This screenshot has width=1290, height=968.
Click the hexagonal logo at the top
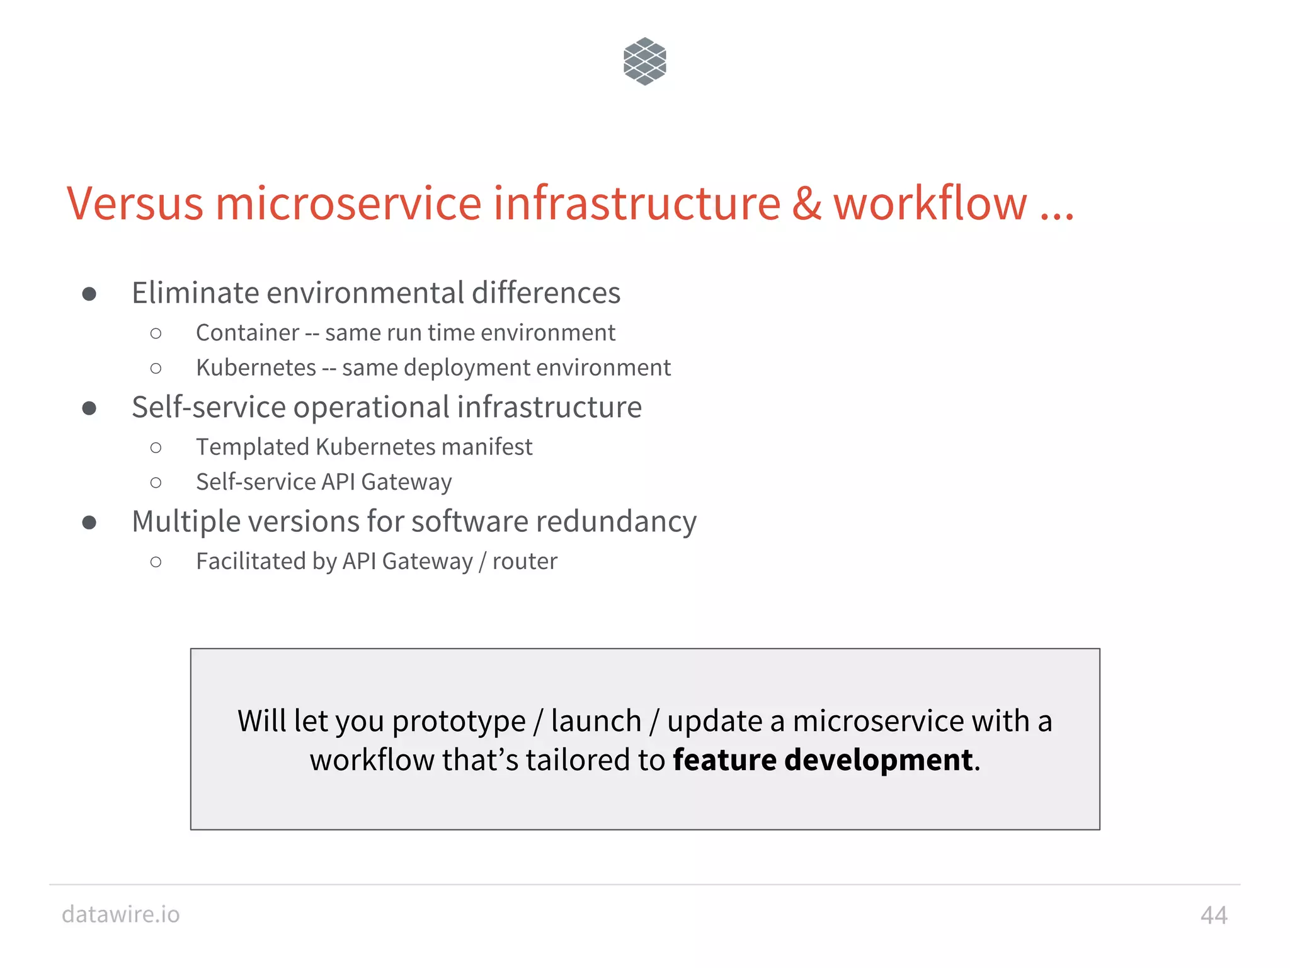(x=644, y=61)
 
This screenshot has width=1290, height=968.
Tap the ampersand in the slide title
(x=807, y=204)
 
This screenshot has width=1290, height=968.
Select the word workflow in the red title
(x=930, y=204)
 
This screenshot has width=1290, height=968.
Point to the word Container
(x=248, y=333)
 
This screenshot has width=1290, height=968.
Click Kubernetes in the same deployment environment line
(x=256, y=368)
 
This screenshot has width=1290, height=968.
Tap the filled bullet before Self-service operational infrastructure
(x=89, y=408)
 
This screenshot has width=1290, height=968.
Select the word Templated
(x=252, y=447)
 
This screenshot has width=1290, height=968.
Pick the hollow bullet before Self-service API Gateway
(x=156, y=483)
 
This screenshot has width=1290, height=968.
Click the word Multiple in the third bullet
(x=187, y=522)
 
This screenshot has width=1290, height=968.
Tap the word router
(x=525, y=562)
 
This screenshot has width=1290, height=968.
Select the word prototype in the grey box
(x=459, y=722)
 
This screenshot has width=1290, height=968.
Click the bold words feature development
(x=823, y=760)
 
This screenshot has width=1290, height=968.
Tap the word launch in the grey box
(x=596, y=722)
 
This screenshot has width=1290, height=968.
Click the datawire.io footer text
(x=121, y=914)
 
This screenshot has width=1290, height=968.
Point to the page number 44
(x=1214, y=915)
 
